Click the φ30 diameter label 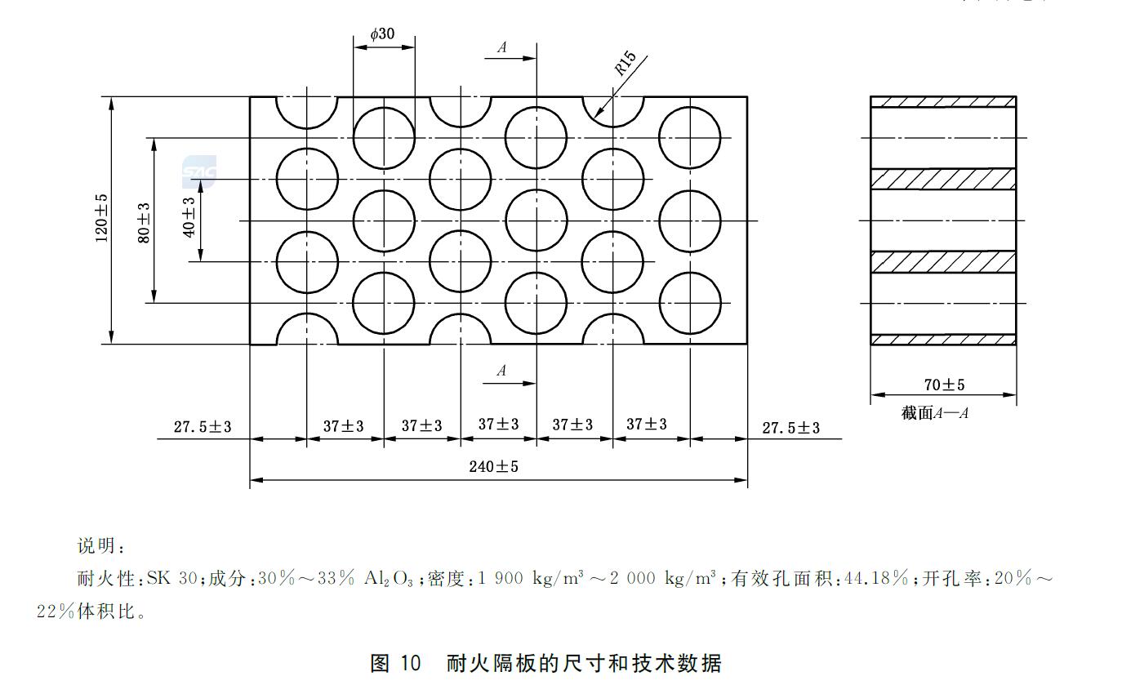pos(382,33)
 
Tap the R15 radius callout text pos(626,64)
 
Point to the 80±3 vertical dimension pos(144,221)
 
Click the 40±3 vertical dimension pos(189,217)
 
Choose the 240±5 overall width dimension pos(493,466)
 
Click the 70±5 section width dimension pos(944,385)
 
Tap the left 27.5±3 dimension pos(203,426)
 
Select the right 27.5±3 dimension pos(790,427)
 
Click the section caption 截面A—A pos(935,413)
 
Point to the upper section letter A pos(502,47)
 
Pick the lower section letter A pos(502,371)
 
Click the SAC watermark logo pos(199,171)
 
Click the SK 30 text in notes pos(171,579)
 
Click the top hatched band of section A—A pos(943,101)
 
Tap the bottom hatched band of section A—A pos(943,340)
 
